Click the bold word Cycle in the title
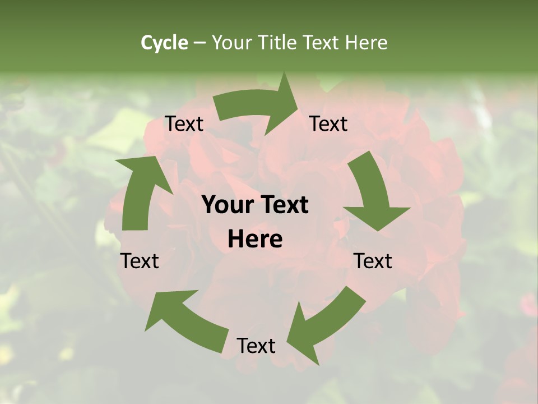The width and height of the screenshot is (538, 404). (x=164, y=43)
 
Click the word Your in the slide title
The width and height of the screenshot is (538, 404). (x=231, y=43)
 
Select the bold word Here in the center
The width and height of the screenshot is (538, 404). (x=255, y=239)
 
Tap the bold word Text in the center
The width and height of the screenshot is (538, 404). (x=284, y=205)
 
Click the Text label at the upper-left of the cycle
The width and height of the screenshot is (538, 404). (x=184, y=124)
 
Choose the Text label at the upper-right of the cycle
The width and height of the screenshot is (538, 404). (x=328, y=124)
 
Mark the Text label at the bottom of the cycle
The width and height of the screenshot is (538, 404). (x=256, y=346)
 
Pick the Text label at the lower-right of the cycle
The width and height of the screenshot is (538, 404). (x=373, y=261)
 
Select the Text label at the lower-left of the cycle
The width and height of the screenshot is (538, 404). (x=140, y=261)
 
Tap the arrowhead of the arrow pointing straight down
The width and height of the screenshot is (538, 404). (x=377, y=216)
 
